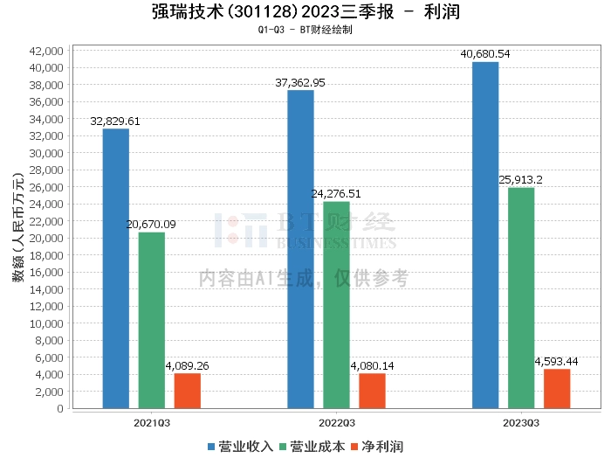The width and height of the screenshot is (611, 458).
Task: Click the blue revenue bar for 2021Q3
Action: (116, 268)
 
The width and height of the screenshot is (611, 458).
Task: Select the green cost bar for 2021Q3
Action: (151, 320)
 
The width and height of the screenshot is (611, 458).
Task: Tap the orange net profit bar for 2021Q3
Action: (187, 391)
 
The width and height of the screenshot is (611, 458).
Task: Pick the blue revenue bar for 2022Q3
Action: (300, 249)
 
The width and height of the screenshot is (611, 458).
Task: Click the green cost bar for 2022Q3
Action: (336, 305)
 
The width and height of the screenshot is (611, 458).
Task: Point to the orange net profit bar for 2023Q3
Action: (557, 389)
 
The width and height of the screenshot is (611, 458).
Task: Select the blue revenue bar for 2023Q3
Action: (485, 235)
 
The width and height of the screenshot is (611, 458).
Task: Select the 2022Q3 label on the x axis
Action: (336, 421)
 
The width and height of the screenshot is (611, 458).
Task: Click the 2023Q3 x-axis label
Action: (521, 421)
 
